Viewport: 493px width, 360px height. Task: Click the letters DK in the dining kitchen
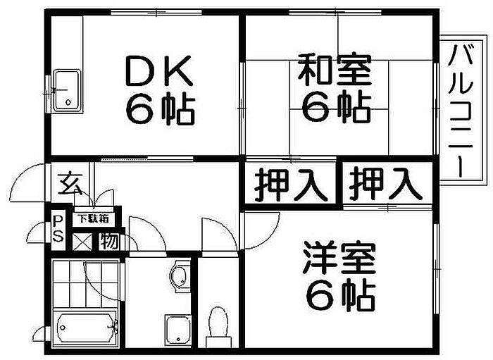click(x=158, y=70)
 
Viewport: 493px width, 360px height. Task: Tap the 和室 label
click(x=335, y=70)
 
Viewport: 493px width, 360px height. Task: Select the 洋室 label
click(x=339, y=258)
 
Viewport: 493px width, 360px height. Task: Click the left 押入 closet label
click(x=291, y=185)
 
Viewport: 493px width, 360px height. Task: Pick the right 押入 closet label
click(x=386, y=184)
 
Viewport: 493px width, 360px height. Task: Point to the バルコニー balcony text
click(x=461, y=111)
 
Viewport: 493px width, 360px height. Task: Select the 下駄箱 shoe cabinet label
click(x=94, y=218)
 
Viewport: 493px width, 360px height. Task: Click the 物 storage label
click(x=109, y=242)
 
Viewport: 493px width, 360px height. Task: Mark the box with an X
click(x=82, y=242)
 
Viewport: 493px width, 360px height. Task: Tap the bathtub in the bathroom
click(x=85, y=328)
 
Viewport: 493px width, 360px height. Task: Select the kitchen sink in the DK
click(x=67, y=90)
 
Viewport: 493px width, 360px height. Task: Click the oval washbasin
click(x=180, y=275)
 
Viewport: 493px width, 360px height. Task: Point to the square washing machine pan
click(x=178, y=330)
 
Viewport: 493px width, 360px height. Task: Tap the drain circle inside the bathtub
click(x=63, y=328)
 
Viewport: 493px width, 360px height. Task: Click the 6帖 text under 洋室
click(x=340, y=296)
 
